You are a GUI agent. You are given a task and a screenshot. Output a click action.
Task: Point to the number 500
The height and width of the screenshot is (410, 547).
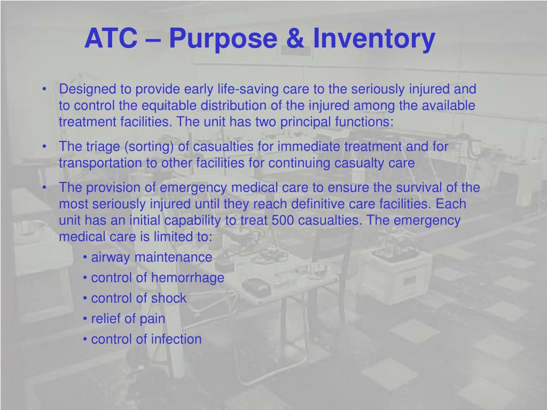[x=283, y=220]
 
